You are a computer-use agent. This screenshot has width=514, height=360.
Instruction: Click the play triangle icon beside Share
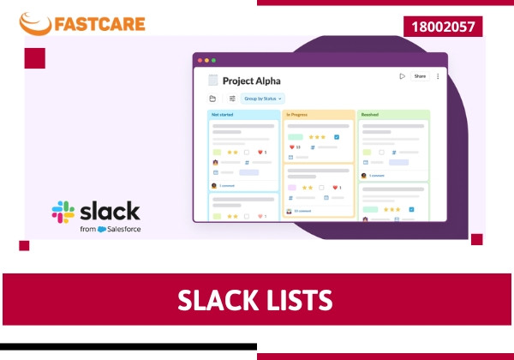point(402,76)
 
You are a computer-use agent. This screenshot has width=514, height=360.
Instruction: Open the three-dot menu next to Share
point(438,76)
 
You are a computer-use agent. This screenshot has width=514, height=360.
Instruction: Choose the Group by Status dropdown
point(262,99)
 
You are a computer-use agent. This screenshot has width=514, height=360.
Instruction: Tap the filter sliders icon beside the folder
point(231,99)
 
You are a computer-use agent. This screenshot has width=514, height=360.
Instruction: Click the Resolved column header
point(370,114)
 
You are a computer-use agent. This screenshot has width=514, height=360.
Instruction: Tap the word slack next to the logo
point(110,211)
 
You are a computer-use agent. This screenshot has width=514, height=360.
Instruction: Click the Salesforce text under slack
point(124,230)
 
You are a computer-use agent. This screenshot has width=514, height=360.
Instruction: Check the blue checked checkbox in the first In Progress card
point(337,137)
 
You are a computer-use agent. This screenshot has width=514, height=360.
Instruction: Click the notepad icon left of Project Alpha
point(212,81)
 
